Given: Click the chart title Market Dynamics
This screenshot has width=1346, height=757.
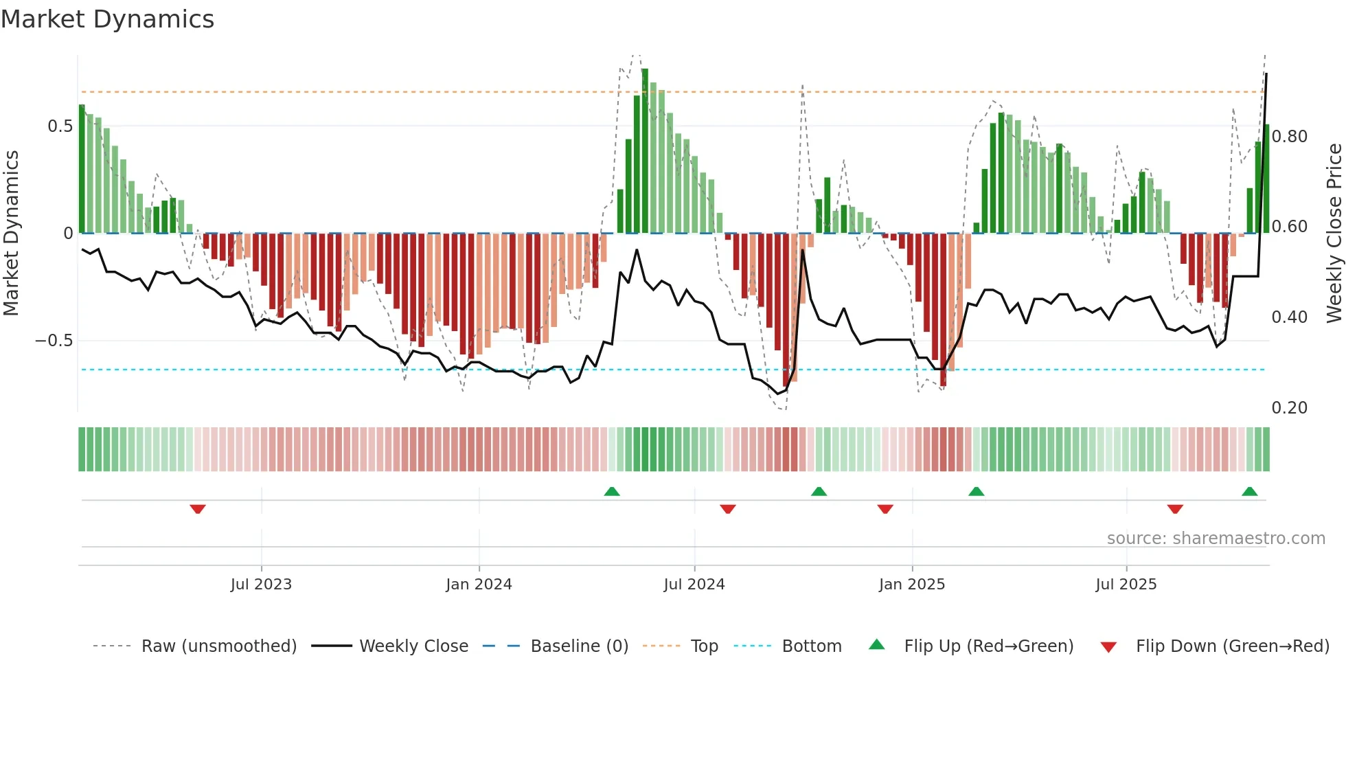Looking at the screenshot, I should [x=108, y=19].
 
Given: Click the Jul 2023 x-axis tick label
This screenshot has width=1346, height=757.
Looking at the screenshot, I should [x=261, y=585].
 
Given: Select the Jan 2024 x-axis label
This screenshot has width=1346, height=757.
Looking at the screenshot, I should [x=479, y=585].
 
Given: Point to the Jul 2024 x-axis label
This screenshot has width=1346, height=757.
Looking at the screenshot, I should [x=694, y=585].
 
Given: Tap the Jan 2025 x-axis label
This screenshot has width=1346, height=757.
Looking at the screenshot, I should [x=912, y=585].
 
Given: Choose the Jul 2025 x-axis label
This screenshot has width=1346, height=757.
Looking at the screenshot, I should [x=1126, y=585].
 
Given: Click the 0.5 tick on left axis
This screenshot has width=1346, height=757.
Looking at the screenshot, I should [x=60, y=126].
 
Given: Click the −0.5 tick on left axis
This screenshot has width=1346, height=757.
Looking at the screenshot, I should [x=54, y=341].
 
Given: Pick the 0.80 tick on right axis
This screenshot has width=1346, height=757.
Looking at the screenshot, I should [x=1289, y=137].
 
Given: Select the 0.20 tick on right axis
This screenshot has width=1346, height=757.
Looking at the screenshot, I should [x=1289, y=408].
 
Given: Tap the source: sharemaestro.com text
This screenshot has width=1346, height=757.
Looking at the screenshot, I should [x=1216, y=539].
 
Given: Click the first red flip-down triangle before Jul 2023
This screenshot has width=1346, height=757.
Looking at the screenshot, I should [x=198, y=509].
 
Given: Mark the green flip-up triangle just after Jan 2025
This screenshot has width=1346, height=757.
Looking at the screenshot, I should [x=976, y=491].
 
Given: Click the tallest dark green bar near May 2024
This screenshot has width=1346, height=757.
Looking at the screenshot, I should [x=645, y=151].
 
